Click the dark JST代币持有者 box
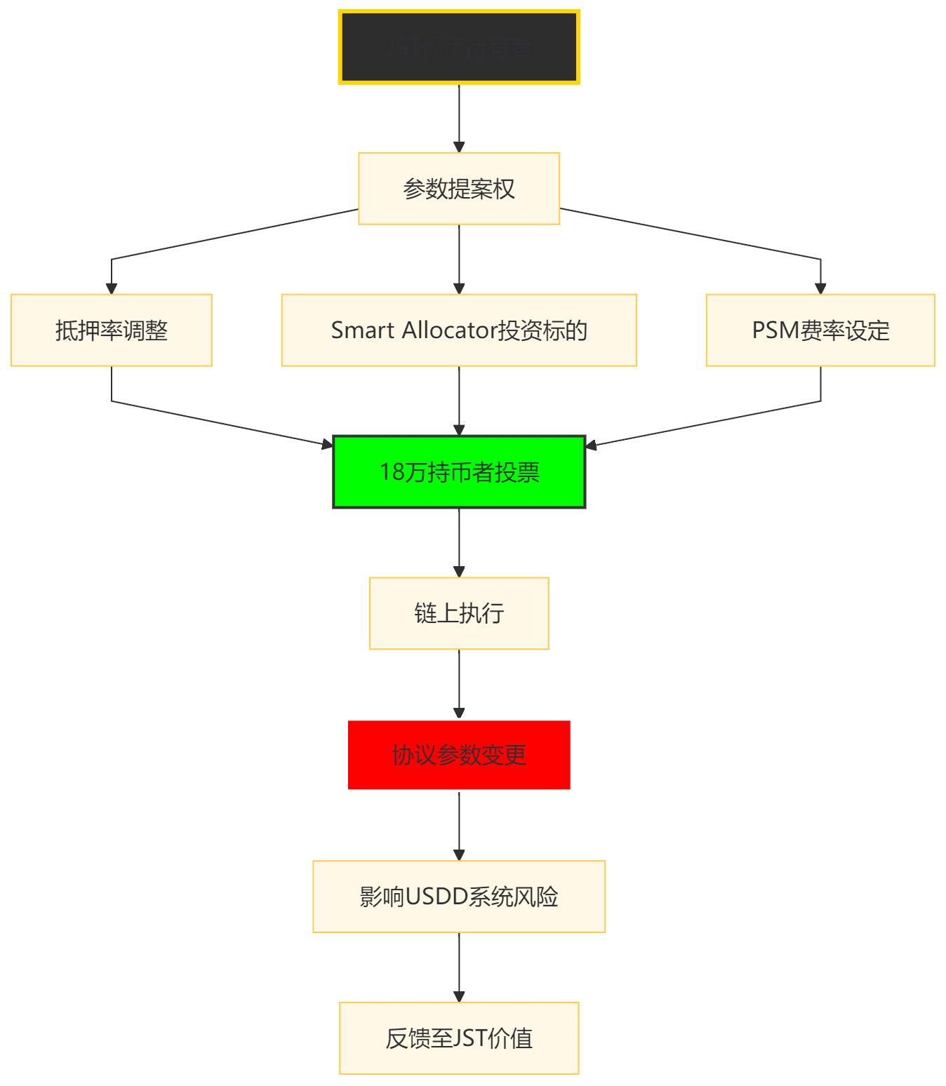click(459, 47)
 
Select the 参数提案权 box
click(459, 189)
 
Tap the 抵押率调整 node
click(112, 330)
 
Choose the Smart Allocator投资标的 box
click(459, 330)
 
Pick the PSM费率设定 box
click(820, 330)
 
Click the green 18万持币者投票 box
click(459, 472)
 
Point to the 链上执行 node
click(459, 614)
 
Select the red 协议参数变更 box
click(459, 756)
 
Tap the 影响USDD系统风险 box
click(459, 897)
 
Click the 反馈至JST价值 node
click(459, 1038)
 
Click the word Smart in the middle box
click(362, 330)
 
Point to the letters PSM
click(775, 330)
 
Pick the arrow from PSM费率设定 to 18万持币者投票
click(702, 424)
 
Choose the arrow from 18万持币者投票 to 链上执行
click(459, 542)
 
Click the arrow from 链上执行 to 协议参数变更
click(459, 684)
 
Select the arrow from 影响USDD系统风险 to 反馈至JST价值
click(459, 967)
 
